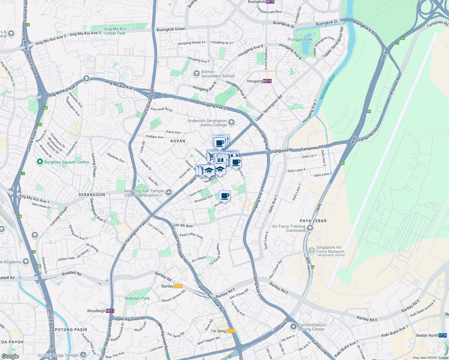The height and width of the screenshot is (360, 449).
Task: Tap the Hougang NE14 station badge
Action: [x=267, y=81]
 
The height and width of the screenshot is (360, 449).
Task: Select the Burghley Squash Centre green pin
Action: [x=40, y=162]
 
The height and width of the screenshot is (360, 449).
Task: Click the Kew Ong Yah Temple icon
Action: [x=169, y=193]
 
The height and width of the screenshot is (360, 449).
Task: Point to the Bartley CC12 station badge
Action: [x=178, y=286]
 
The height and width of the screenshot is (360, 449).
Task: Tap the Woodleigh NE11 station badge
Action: [x=110, y=311]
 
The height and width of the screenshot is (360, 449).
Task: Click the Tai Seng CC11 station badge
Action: [x=231, y=331]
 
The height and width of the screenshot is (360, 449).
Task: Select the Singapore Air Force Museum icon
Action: [x=312, y=250]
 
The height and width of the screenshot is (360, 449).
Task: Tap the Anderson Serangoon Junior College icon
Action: [x=231, y=122]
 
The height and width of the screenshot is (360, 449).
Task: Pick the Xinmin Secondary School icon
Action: [x=196, y=73]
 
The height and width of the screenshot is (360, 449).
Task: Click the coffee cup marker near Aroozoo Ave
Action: [x=224, y=196]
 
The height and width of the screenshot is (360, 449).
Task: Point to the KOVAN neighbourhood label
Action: [x=178, y=141]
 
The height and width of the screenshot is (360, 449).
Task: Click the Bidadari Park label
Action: [x=137, y=298]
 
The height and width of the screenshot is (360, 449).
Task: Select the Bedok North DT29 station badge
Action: [x=443, y=335]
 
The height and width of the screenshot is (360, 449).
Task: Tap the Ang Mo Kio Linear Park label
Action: [x=115, y=31]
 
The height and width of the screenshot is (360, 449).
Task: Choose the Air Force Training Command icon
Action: [x=310, y=228]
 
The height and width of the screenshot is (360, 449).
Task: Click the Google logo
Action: [x=10, y=356]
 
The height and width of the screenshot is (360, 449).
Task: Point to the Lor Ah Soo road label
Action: [x=183, y=225]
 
